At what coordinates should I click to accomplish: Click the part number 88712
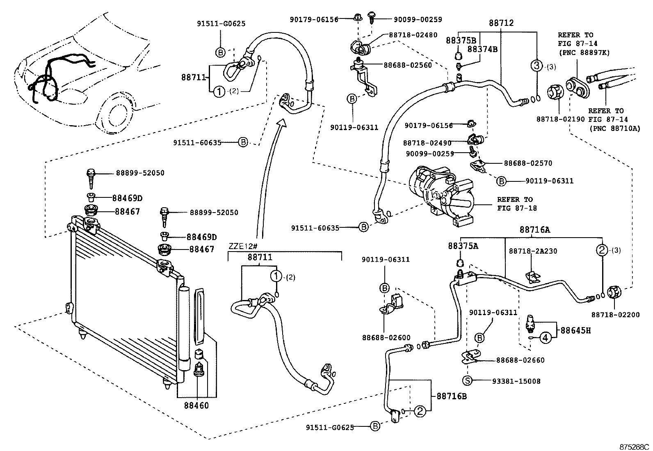501,23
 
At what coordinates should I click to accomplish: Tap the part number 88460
196,405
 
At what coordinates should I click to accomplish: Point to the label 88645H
576,330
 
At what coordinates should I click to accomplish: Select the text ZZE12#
241,247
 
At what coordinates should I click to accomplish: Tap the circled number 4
545,337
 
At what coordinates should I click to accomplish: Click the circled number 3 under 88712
537,65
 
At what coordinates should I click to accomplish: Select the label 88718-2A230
533,251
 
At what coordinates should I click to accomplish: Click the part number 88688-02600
386,338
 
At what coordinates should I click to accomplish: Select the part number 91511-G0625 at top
220,24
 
